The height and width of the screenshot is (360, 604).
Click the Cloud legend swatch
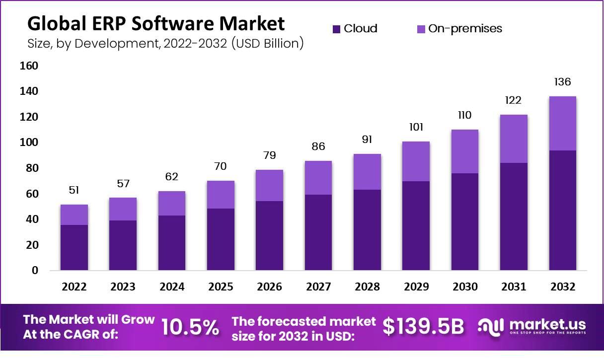pos(336,29)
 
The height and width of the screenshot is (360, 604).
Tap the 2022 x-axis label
pos(74,287)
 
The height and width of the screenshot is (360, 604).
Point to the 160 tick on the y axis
pos(29,66)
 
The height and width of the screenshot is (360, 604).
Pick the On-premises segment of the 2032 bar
pos(562,123)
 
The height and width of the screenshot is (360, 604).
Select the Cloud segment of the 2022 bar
pos(74,247)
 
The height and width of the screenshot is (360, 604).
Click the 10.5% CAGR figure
pos(190,327)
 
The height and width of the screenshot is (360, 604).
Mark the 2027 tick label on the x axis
pos(318,287)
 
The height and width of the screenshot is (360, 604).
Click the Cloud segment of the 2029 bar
pos(416,226)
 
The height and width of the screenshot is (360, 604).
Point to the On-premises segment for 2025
pos(221,195)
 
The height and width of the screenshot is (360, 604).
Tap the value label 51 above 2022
pos(74,190)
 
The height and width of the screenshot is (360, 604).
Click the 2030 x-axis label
pos(464,287)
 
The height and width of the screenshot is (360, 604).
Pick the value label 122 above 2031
pos(514,100)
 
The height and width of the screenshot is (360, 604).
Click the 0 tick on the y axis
pos(35,271)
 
